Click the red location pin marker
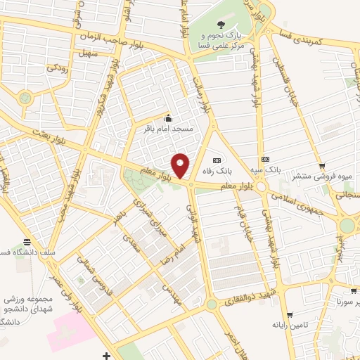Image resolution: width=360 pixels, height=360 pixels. coord(181,166)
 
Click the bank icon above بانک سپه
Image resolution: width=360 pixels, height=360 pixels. coord(265,159)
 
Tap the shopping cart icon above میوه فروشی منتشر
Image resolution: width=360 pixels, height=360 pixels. coord(322,166)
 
